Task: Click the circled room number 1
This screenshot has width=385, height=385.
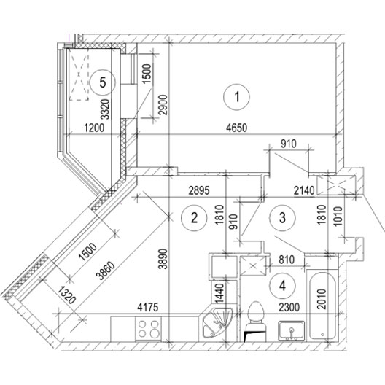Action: pos(237,97)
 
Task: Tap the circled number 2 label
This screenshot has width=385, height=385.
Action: pos(194,217)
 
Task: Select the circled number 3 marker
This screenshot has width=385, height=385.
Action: pos(282,217)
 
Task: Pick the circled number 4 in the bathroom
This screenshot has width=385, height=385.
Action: pos(282,286)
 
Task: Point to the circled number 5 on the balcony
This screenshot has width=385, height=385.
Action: pos(103,82)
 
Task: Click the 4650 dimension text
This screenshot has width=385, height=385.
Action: pos(237,128)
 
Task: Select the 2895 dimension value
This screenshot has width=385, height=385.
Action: pos(199,190)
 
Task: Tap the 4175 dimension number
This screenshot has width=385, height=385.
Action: pos(148,308)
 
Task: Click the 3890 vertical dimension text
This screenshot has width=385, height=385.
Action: pos(163,259)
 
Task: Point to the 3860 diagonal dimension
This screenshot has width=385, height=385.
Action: pos(106,271)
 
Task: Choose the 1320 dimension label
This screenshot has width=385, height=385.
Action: pos(66,295)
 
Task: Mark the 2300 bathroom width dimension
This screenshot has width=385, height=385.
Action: pos(289,307)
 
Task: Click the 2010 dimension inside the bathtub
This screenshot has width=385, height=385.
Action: pos(322,299)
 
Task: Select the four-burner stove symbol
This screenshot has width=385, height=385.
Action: pos(148,329)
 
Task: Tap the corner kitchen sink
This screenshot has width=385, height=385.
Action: pos(217,322)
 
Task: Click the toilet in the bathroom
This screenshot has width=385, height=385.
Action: pos(256,322)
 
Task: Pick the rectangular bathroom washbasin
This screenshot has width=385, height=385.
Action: pos(291,331)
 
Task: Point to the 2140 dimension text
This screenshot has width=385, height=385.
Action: pos(304,190)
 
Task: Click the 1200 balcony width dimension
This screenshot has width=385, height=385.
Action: pos(94,128)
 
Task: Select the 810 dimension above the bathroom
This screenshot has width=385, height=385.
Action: pos(287,260)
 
